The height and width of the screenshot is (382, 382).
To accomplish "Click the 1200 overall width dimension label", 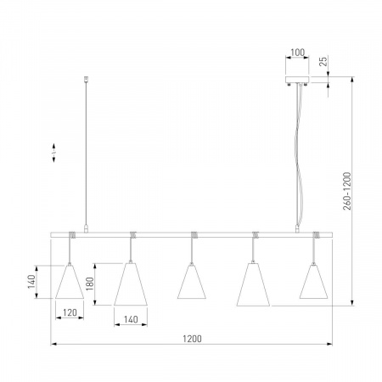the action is (x=192, y=339).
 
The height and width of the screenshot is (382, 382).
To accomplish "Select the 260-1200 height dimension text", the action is (x=347, y=191).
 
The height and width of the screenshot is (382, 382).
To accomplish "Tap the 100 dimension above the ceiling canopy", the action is (x=298, y=53).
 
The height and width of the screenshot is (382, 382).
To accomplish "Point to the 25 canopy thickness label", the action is (x=323, y=61).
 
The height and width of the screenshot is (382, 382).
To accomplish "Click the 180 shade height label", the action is (x=89, y=284).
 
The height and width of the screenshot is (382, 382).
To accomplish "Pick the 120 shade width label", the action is (x=70, y=312).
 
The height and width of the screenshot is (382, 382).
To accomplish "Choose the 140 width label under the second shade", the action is (x=131, y=319).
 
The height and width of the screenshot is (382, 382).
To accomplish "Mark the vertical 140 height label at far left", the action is (x=31, y=282).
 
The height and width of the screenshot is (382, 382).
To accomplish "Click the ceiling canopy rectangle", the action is (x=297, y=80).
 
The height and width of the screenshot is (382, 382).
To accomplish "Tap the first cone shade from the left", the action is (x=70, y=282).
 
